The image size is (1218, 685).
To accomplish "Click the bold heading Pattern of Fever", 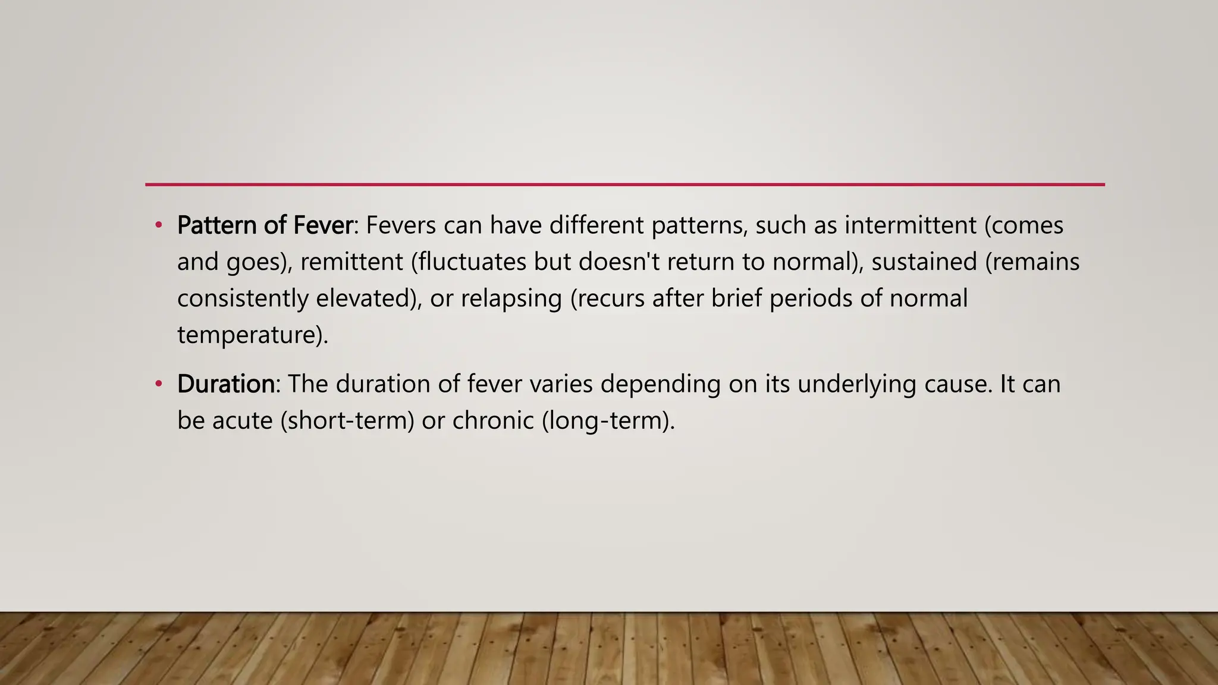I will tap(265, 225).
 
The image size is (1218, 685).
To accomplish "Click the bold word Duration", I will tap(226, 384).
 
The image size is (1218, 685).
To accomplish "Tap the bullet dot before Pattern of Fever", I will tap(158, 225).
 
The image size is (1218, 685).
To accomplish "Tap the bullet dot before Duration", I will tap(158, 384).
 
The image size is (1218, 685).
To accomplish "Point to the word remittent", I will tap(351, 262).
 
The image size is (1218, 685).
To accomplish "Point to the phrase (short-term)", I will tap(347, 421).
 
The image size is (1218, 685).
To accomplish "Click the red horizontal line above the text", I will tap(624, 185).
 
